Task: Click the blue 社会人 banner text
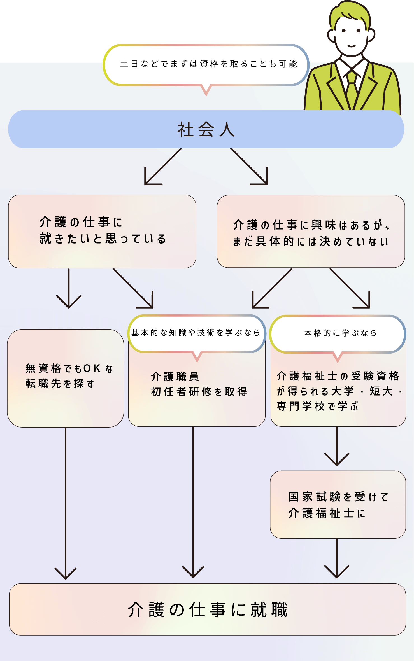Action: click(x=206, y=129)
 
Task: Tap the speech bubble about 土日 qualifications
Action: click(x=206, y=64)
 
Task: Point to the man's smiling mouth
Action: click(x=351, y=46)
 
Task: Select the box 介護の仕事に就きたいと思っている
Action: click(x=102, y=231)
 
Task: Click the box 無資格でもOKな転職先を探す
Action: click(x=66, y=378)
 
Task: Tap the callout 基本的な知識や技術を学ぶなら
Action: click(x=196, y=333)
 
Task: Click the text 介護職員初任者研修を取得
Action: click(x=199, y=384)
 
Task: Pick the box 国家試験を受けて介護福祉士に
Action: click(x=338, y=504)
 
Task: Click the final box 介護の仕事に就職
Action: click(x=208, y=609)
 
